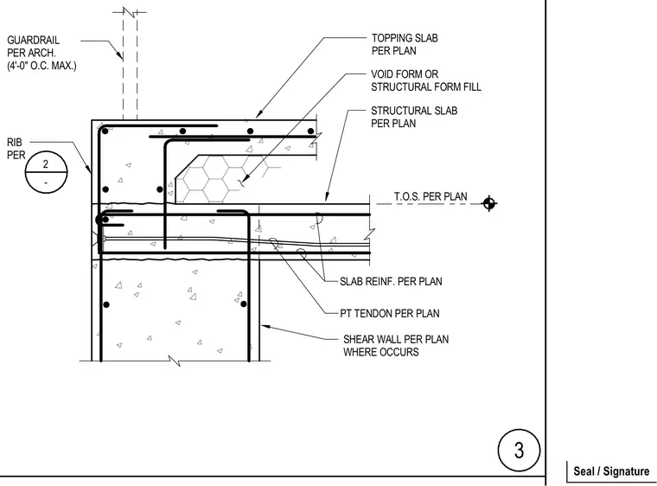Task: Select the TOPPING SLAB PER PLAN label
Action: click(405, 44)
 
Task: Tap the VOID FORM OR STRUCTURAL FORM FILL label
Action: click(426, 80)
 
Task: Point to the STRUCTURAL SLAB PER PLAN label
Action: click(414, 117)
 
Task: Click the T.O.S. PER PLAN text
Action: click(431, 196)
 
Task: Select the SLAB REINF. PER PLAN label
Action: click(391, 281)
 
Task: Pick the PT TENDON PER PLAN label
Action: click(390, 314)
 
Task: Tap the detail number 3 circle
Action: click(520, 451)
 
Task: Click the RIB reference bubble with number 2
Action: click(46, 172)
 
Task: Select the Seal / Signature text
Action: click(611, 471)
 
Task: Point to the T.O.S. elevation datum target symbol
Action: click(489, 204)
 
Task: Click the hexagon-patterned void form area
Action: click(209, 178)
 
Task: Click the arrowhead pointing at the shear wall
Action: click(265, 327)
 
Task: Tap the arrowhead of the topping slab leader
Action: click(258, 113)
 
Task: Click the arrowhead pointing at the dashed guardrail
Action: click(120, 55)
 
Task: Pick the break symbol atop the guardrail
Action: click(130, 12)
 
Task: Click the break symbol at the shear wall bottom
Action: click(175, 361)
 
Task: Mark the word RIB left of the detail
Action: click(14, 143)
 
